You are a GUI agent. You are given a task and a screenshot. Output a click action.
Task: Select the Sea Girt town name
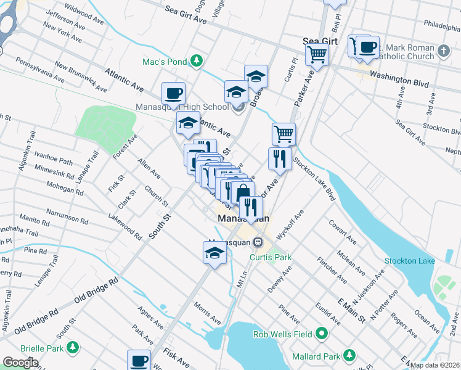pos(320,41)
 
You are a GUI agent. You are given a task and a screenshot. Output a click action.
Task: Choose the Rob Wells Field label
pos(284,335)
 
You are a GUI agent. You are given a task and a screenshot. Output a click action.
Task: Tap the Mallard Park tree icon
pos(349,356)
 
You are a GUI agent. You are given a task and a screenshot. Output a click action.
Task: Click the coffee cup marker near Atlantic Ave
pos(173,94)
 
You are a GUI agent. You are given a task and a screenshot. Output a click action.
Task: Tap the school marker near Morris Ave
pos(214,253)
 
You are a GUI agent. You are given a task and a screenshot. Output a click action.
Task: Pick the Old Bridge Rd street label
pos(96,290)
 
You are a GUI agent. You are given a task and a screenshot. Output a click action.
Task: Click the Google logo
pos(20,363)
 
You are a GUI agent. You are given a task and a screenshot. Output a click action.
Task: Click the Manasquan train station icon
pos(259,242)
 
